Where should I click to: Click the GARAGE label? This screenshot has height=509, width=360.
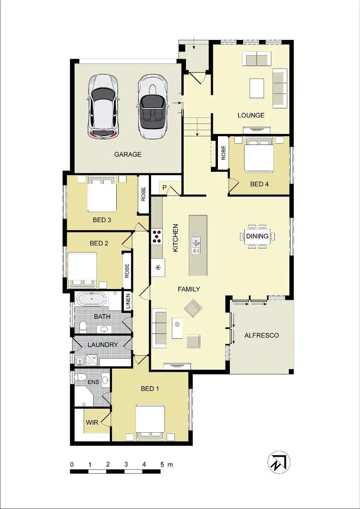pos(128,154)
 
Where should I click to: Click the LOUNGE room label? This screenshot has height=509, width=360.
pos(251,115)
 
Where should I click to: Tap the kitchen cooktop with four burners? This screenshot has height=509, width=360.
pos(157,236)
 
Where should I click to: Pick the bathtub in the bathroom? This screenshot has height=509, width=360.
pos(91,300)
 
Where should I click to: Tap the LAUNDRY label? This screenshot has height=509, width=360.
pos(103,345)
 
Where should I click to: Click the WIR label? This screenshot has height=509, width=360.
pos(92,423)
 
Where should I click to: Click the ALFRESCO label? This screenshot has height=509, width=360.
pos(262,335)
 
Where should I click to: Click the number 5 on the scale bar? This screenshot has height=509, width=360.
pos(162,464)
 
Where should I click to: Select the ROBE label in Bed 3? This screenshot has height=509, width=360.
pos(143,194)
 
